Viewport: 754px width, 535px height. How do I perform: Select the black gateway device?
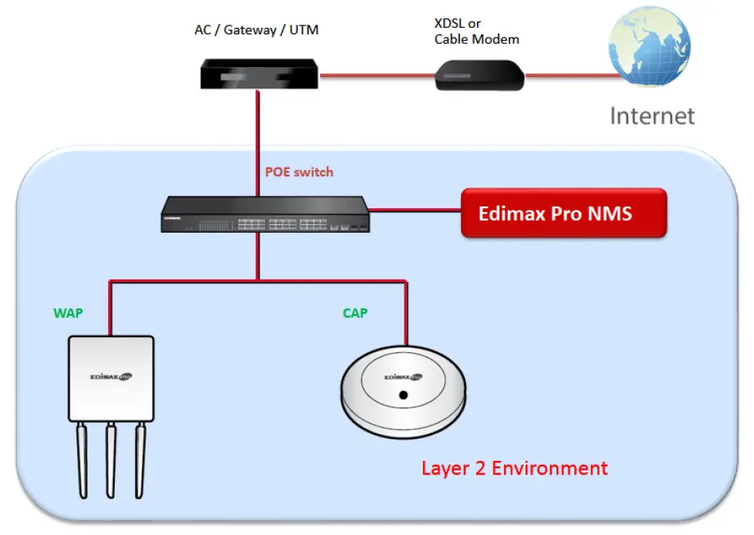pos(258,73)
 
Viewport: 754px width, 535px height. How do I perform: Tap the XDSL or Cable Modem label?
pos(476,31)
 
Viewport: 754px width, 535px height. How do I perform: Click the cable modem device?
pos(480,77)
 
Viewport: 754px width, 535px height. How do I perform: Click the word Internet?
pos(652,116)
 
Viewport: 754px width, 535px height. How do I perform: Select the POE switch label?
pos(299,172)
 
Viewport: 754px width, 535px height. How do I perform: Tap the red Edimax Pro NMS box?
pos(563,214)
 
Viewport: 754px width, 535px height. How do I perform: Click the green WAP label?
pos(68,313)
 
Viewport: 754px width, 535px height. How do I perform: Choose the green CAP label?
pos(354,313)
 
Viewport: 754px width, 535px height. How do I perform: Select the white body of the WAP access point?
pos(111,379)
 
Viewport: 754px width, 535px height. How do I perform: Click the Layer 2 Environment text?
pos(514,468)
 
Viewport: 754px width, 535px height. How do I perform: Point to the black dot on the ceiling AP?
pos(404,395)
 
